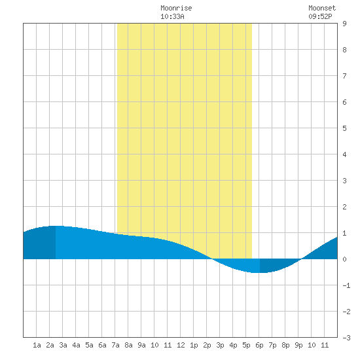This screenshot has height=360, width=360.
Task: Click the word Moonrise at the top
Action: [x=176, y=8]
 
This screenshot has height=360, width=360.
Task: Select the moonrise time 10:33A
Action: [x=172, y=16]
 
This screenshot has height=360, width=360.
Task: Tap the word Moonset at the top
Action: [x=322, y=8]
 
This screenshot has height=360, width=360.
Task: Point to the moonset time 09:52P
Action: [x=320, y=16]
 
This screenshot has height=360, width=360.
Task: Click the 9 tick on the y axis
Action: [x=344, y=24]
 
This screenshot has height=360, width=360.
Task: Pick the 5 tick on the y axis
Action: [x=344, y=128]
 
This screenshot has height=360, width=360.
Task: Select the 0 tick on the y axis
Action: [x=344, y=259]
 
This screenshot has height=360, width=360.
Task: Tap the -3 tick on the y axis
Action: [x=346, y=338]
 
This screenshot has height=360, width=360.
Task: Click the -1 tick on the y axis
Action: [x=346, y=285]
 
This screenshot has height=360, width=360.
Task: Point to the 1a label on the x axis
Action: [x=37, y=345]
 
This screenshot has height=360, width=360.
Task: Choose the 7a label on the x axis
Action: [x=115, y=345]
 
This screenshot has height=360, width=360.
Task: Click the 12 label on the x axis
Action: [x=181, y=345]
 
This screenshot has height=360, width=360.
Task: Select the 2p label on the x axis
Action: [x=207, y=345]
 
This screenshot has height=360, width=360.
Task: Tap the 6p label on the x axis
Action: [x=259, y=345]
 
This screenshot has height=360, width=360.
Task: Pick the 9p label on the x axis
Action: [x=298, y=345]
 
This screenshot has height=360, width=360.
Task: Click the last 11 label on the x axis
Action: [x=325, y=345]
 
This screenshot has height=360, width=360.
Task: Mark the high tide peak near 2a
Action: [x=56, y=226]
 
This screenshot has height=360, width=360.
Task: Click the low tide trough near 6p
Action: [x=260, y=272]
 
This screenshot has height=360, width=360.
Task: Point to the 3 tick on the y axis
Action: [x=344, y=181]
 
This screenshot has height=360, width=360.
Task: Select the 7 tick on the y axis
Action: [x=344, y=76]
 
